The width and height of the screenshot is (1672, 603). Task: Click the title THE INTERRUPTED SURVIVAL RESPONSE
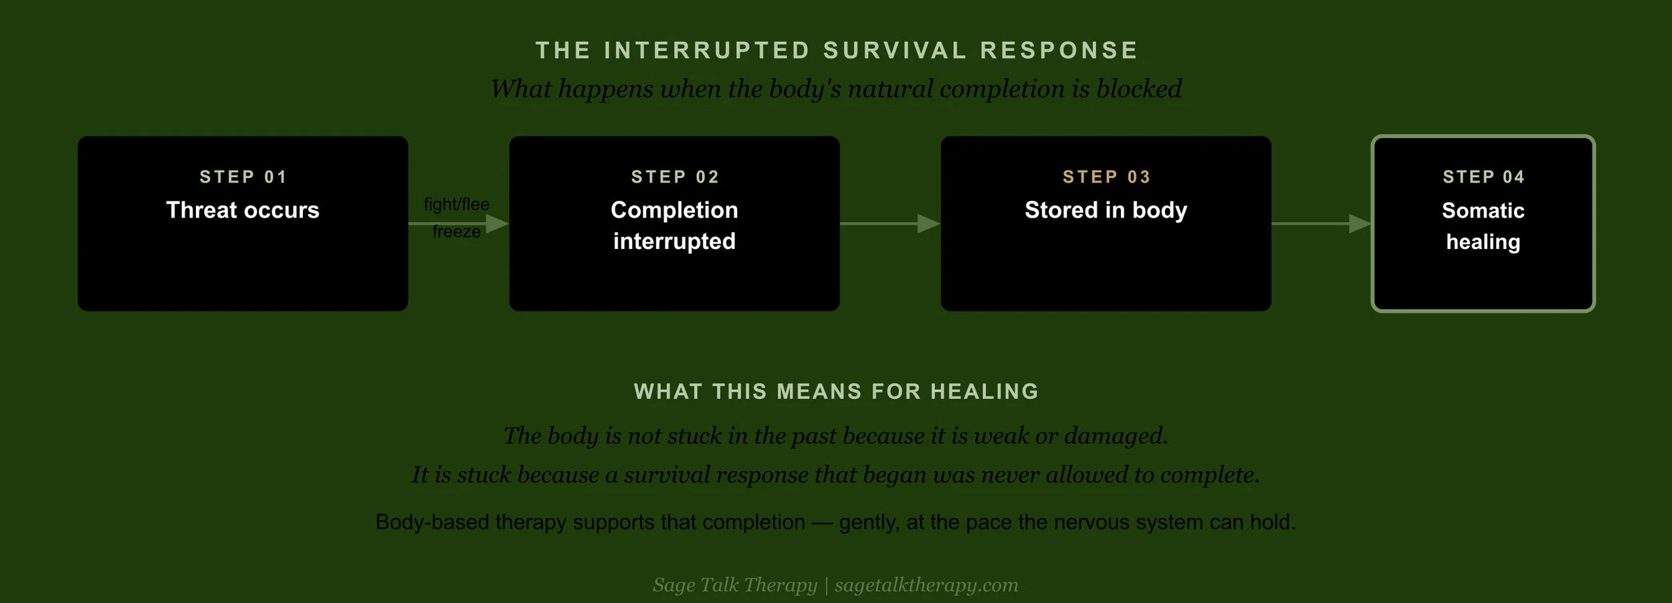pos(837,50)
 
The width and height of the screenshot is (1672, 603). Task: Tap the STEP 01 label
pos(243,177)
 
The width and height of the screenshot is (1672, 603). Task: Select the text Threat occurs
pos(243,210)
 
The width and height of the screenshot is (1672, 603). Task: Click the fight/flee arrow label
pos(456,204)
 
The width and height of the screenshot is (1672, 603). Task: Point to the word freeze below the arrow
pos(456,232)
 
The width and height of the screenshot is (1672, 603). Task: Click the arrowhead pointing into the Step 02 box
pos(498,224)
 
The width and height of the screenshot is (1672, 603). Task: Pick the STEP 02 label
pos(675,177)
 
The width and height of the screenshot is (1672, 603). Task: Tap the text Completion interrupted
pos(674,226)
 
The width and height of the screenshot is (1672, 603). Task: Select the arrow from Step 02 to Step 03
pos(890,224)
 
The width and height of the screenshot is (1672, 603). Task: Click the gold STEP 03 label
pos(1106,177)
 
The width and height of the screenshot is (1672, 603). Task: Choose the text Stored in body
pos(1106,210)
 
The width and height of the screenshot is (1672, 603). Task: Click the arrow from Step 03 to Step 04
pos(1322,224)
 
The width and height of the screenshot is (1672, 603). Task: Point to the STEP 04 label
pos(1483,177)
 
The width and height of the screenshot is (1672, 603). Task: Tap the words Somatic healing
pos(1483,226)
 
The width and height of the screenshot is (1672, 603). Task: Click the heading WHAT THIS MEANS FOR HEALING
pos(836,392)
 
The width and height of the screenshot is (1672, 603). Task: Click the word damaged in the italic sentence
pos(1116,436)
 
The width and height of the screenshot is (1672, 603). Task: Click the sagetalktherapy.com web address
pos(926,585)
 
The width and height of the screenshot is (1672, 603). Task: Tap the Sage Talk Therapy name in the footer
pos(735,585)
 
